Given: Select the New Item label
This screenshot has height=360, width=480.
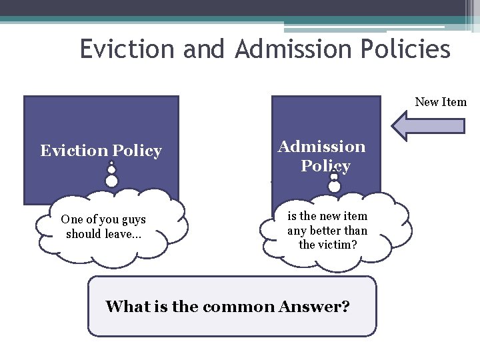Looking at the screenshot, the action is pos(441,102).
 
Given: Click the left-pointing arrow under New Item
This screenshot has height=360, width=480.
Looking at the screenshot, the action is pos(427,126).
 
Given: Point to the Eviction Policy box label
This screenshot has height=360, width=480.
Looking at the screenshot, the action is pos(101,151).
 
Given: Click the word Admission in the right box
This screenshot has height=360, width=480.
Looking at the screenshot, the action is pos(322,147).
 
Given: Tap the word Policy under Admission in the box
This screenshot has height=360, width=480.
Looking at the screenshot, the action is pos(325,165).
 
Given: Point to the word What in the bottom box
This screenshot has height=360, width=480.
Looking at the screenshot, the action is pos(125,307).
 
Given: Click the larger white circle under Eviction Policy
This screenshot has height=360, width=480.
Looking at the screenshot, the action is pos(112,181).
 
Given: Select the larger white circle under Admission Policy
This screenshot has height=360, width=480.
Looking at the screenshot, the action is pos(335,187).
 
